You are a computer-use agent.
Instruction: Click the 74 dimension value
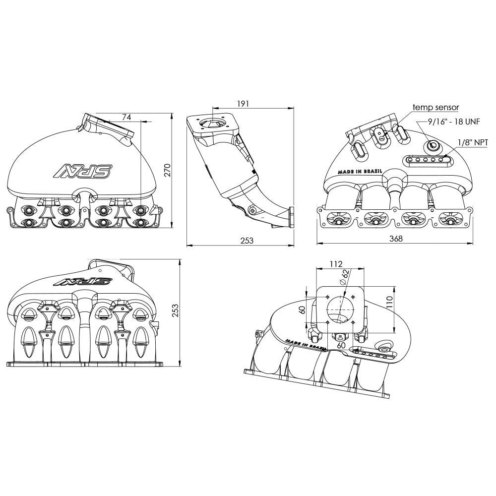(126, 117)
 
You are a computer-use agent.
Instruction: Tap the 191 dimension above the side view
(243, 104)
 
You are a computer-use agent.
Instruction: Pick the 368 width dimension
(395, 239)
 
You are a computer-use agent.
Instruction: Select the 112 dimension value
(336, 264)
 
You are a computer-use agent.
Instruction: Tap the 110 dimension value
(389, 302)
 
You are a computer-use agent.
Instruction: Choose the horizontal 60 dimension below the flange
(341, 344)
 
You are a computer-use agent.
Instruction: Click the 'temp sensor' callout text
(435, 107)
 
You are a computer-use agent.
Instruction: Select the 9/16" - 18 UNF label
(454, 122)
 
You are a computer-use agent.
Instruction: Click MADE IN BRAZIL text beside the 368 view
(360, 171)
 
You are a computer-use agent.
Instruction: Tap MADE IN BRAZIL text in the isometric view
(304, 345)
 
